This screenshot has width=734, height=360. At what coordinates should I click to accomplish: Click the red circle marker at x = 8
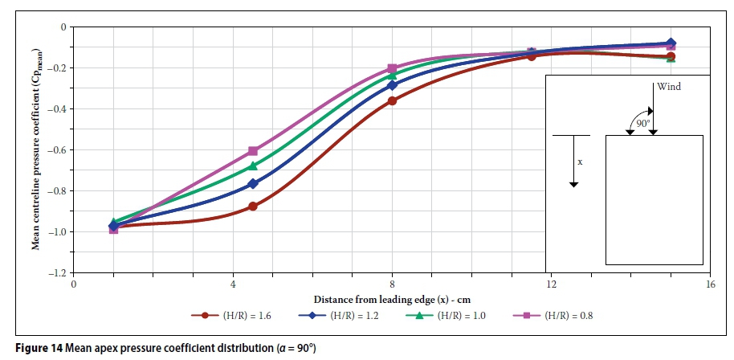click(x=392, y=100)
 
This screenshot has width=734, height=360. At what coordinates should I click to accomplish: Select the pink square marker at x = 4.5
click(x=253, y=150)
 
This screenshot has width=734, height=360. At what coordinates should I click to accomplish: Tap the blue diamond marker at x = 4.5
click(x=253, y=183)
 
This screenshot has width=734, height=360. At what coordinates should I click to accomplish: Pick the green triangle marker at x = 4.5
click(x=253, y=166)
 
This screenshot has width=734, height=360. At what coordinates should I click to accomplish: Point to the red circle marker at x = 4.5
click(x=253, y=207)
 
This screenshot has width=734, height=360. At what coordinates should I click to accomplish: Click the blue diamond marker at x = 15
click(x=671, y=43)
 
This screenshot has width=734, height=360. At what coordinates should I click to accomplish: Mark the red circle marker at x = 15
click(x=671, y=56)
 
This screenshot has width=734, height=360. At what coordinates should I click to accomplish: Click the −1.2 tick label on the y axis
click(x=59, y=273)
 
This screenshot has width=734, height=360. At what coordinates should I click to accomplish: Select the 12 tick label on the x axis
click(x=552, y=284)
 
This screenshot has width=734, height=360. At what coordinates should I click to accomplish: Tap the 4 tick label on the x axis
click(x=233, y=284)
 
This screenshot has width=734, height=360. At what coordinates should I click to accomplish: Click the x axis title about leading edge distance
click(x=391, y=298)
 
